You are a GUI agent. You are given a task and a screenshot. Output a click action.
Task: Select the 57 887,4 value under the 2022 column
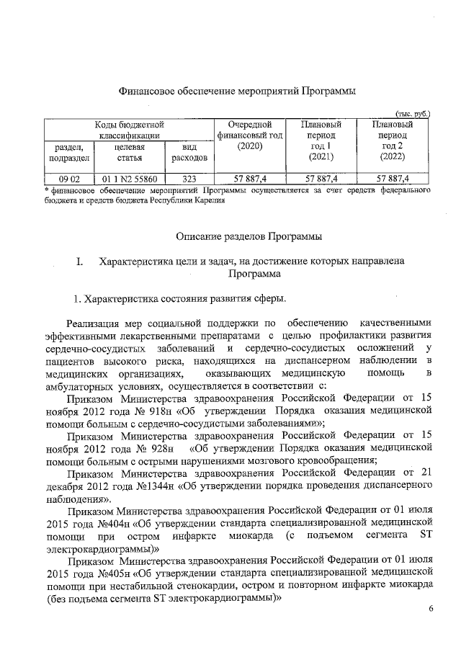(x=393, y=178)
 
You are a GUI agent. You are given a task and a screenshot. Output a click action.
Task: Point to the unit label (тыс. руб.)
(x=411, y=113)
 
